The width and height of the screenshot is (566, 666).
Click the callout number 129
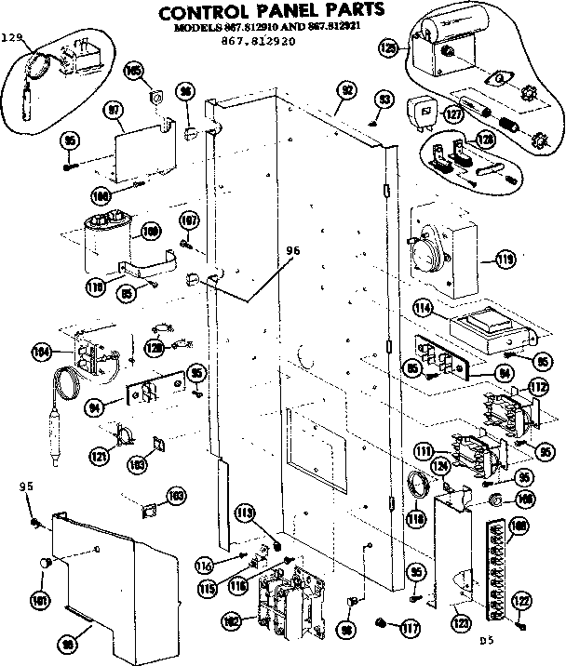click(x=12, y=37)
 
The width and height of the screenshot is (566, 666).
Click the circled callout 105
click(x=132, y=71)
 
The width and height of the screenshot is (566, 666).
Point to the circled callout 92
click(x=347, y=90)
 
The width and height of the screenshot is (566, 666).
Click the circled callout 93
click(x=384, y=100)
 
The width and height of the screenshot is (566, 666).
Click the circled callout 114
click(x=422, y=307)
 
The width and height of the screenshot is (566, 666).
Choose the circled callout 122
click(x=522, y=600)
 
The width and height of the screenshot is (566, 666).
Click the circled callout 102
click(x=234, y=620)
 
